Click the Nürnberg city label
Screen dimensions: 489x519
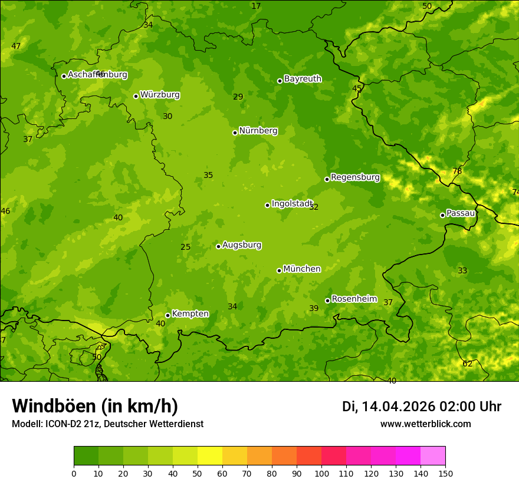pos(258,131)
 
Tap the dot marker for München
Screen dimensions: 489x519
pos(279,270)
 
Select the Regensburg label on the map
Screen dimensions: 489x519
pos(355,177)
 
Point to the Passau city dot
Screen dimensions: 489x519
pos(442,215)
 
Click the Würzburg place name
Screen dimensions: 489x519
pos(160,95)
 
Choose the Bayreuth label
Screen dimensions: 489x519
pos(303,79)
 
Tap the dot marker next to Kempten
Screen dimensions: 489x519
pos(167,315)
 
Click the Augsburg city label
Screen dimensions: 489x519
pos(242,245)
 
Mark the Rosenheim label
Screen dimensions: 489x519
pos(354,299)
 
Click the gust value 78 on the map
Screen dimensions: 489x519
pos(457,171)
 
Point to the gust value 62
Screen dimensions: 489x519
pos(467,364)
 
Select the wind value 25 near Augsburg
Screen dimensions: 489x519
pos(185,247)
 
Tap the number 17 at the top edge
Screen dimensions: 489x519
pos(256,6)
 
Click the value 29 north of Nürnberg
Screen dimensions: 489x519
pos(238,97)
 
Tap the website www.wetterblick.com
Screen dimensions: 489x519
pos(425,424)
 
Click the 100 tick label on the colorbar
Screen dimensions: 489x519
pos(321,473)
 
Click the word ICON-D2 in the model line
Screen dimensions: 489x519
pos(62,424)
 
